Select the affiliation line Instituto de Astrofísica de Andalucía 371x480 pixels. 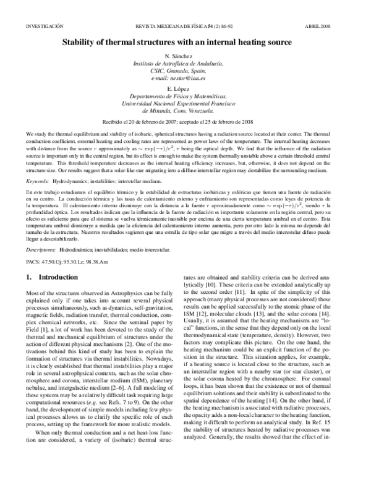tap(185, 64)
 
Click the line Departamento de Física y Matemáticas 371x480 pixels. tap(185, 98)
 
